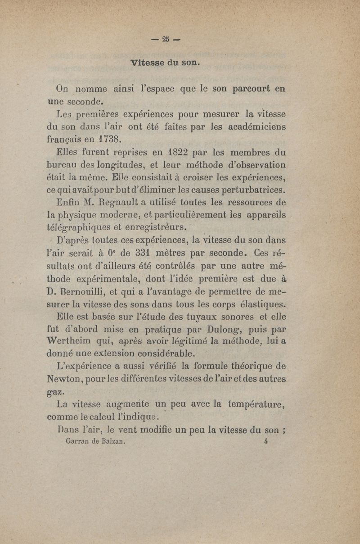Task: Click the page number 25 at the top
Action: [166, 38]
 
